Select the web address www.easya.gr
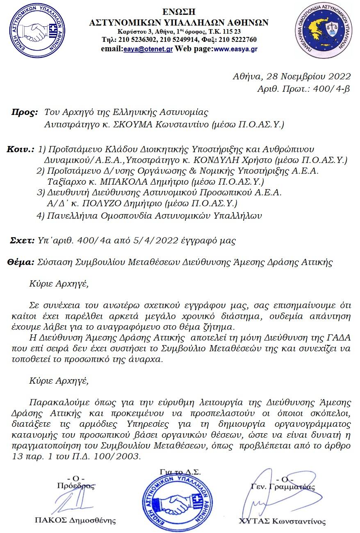[x=236, y=48]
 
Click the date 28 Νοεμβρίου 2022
[x=309, y=76]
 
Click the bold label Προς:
[x=24, y=112]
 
